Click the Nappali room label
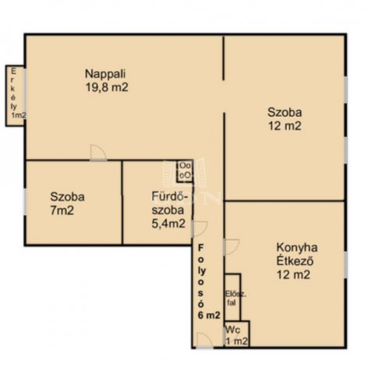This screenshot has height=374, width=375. point(105,74)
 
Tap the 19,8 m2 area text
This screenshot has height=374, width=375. point(107,87)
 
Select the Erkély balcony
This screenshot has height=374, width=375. point(15,96)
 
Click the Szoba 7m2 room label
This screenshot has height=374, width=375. point(67,203)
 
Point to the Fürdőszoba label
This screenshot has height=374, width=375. point(169,203)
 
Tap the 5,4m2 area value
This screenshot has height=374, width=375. point(168,224)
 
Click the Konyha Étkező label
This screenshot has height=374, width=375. point(297,254)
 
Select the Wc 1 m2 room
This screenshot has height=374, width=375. point(237,333)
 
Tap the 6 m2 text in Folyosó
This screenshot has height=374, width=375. point(209,315)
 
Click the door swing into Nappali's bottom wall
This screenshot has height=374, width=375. point(98,153)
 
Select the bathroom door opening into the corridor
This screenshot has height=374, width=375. point(200,229)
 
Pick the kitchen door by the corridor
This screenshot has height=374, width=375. point(231,247)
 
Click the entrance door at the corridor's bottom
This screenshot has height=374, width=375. point(205,340)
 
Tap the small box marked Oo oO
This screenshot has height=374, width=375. point(185,171)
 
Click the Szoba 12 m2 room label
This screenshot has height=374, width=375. point(285,119)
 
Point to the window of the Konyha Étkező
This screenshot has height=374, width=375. point(345,264)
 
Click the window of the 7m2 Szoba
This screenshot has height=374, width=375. point(25,202)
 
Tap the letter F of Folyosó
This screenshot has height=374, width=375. point(200,248)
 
